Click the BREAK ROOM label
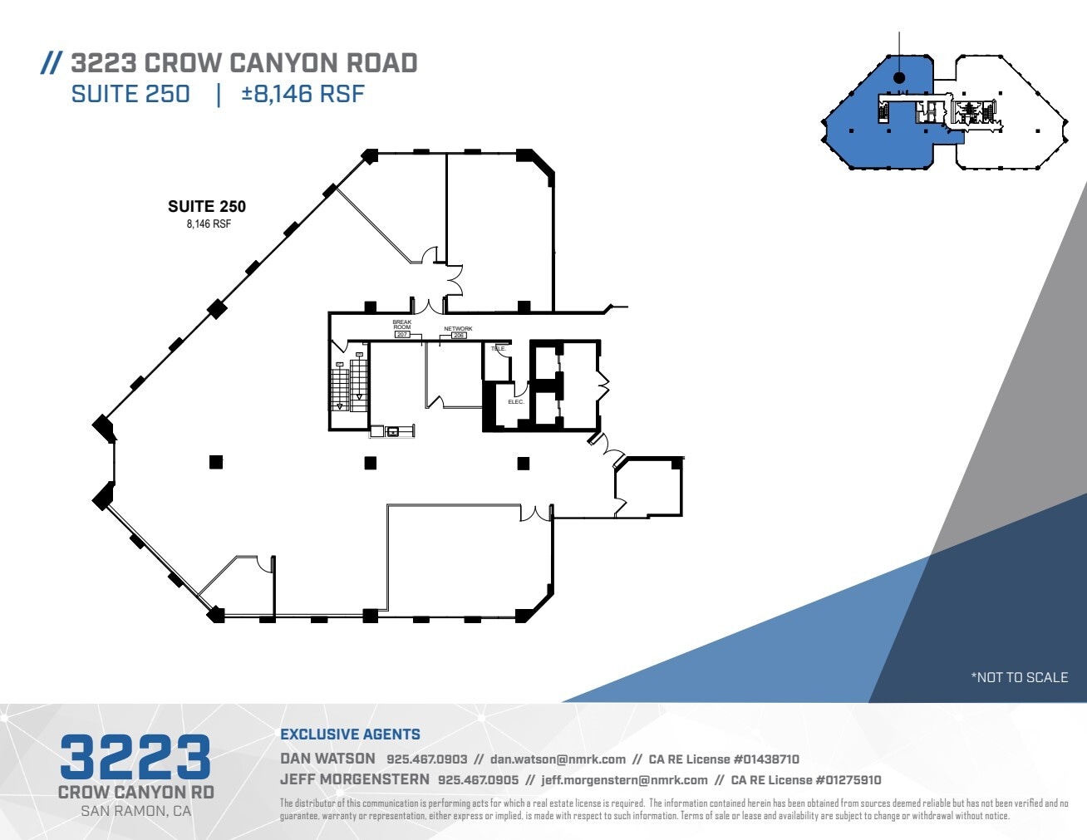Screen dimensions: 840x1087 click(x=402, y=325)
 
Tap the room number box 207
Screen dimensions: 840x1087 click(x=402, y=335)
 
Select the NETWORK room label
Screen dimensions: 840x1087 click(x=458, y=329)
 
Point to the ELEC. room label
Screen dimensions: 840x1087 click(x=516, y=402)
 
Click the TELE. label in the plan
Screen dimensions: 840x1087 click(x=498, y=349)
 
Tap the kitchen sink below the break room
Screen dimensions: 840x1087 click(x=391, y=430)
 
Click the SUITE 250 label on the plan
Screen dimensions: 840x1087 click(x=207, y=207)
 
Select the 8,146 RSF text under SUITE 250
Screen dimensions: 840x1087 click(x=209, y=224)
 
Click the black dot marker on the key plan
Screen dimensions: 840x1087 click(x=898, y=77)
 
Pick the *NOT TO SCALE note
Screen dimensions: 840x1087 click(x=1019, y=677)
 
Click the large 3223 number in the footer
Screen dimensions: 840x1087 click(x=135, y=757)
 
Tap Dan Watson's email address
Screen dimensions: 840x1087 click(x=558, y=759)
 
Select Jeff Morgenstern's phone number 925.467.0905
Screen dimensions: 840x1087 click(x=478, y=780)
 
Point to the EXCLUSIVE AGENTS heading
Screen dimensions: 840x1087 click(x=350, y=734)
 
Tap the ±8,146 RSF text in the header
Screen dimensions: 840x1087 click(x=302, y=94)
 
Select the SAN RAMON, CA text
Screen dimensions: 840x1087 click(x=135, y=811)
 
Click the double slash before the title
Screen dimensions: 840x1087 click(x=52, y=63)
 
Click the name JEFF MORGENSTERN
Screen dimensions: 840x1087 click(x=355, y=780)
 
